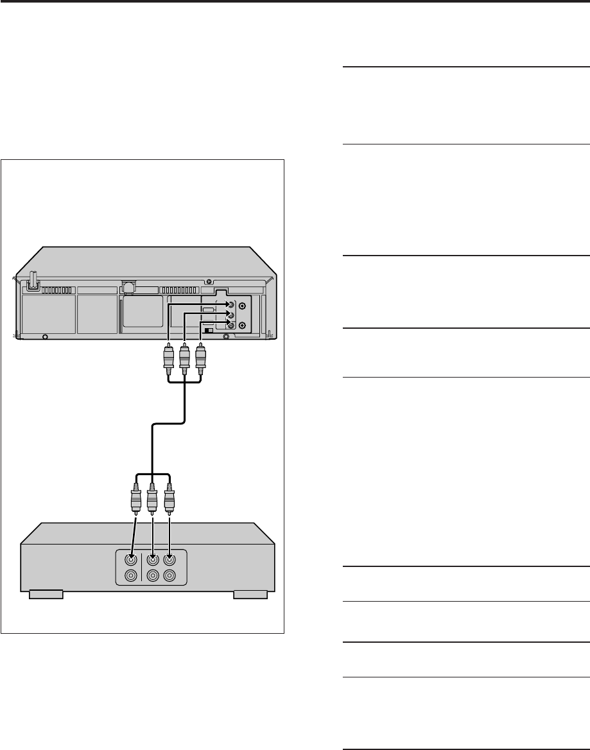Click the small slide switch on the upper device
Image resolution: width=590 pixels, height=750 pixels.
(x=207, y=329)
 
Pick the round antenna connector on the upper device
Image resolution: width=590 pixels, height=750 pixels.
(x=128, y=289)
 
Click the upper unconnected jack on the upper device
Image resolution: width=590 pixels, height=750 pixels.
(x=241, y=306)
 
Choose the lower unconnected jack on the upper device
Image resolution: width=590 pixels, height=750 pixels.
(x=241, y=326)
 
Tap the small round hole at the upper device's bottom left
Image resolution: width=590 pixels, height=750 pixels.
(x=44, y=336)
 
